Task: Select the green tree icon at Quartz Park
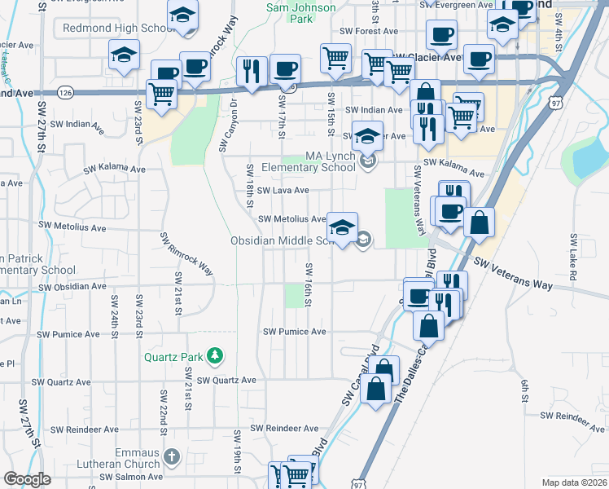point(215,355)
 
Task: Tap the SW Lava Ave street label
point(283,191)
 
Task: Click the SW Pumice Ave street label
point(294,332)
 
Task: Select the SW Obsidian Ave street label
point(72,287)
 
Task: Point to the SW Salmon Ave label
point(131,477)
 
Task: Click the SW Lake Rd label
point(573,259)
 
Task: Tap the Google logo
point(27,479)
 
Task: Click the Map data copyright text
point(575,482)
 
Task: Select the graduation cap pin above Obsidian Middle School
point(343,227)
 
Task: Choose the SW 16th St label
point(309,285)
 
